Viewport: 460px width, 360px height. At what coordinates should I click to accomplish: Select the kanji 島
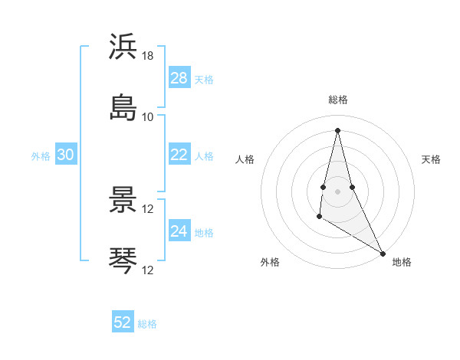(123, 108)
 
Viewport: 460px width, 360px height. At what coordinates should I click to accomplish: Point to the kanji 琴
(123, 260)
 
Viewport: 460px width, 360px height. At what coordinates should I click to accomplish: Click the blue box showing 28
(179, 78)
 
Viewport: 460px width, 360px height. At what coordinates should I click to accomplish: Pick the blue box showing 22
(179, 155)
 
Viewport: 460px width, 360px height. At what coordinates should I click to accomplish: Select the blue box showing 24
(179, 231)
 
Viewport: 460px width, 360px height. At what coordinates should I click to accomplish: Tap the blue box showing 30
(66, 155)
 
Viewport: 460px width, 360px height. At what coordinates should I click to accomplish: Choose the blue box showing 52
(123, 322)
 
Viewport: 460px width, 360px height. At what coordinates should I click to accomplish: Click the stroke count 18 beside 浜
(148, 56)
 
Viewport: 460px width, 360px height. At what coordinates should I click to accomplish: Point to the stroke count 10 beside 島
(148, 117)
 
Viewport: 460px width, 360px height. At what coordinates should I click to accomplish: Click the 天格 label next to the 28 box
(204, 79)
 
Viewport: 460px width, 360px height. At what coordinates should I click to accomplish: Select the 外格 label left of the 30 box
(41, 155)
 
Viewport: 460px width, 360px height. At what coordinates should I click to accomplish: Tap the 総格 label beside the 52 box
(147, 323)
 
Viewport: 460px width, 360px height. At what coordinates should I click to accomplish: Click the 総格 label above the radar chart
(338, 100)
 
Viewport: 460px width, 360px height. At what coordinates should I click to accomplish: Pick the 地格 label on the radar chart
(402, 262)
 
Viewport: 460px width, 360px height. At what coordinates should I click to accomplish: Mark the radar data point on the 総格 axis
(338, 130)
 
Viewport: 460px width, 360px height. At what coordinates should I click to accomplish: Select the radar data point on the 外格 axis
(320, 217)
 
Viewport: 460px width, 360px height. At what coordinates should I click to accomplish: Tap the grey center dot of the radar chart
(338, 191)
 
